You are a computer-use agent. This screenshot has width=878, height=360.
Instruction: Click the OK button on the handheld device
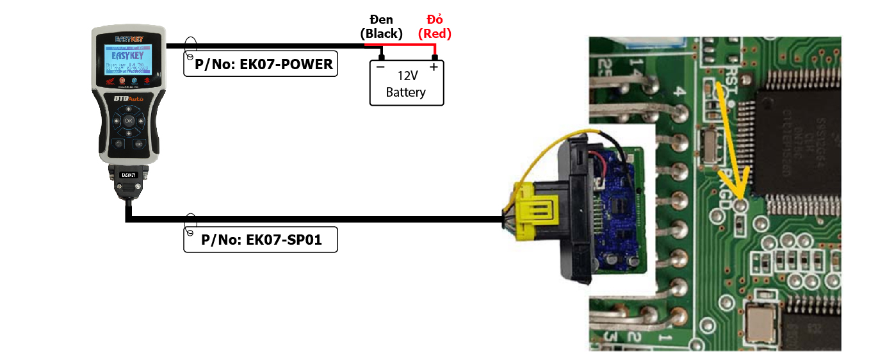point(128,120)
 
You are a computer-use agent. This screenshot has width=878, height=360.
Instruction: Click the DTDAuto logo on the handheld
point(128,99)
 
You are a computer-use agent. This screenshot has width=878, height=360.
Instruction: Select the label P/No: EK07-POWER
point(261,64)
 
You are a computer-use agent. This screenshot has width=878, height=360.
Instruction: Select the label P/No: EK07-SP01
point(261,240)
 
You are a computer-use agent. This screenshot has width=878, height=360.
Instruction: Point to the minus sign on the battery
point(380,67)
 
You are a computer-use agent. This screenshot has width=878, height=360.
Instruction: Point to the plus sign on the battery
point(434,67)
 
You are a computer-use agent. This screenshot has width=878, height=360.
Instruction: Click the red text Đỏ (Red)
point(435,28)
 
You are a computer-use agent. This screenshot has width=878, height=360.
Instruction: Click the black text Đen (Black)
point(381,28)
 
